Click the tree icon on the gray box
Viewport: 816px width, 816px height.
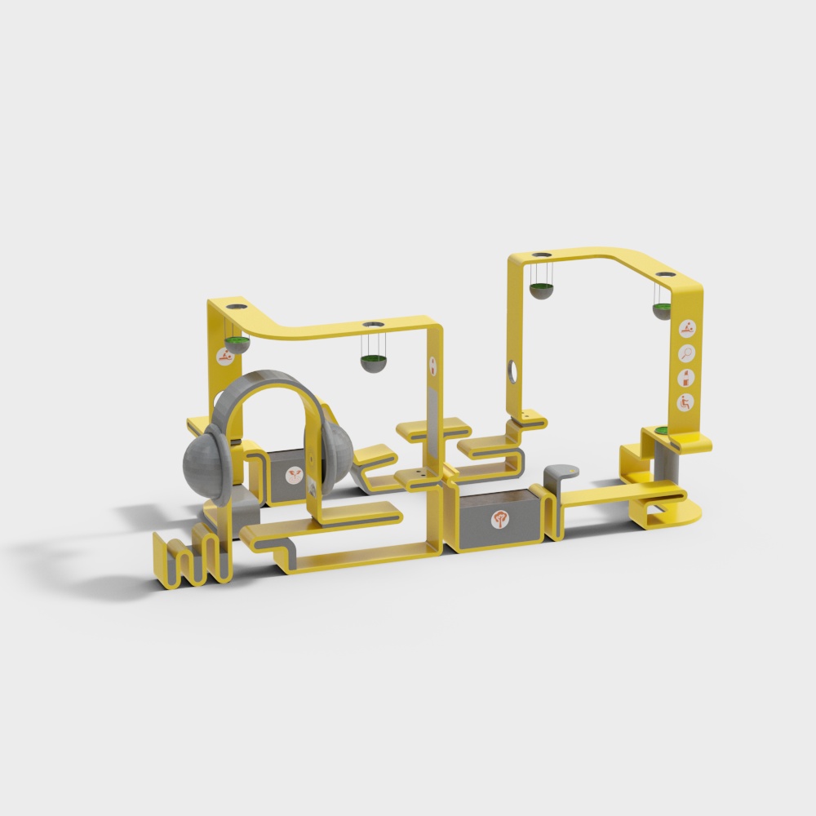click(x=499, y=519)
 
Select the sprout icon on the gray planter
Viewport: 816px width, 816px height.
click(x=293, y=474)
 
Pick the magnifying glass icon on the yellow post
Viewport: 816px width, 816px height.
click(x=687, y=353)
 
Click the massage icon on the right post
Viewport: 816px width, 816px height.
click(x=687, y=330)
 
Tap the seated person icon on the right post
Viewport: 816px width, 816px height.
click(x=686, y=401)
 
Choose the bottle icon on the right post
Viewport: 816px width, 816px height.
click(x=687, y=377)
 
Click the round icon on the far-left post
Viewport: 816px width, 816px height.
click(x=223, y=356)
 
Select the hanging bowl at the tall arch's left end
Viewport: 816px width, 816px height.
click(x=540, y=290)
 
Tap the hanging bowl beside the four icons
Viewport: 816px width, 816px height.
click(x=662, y=309)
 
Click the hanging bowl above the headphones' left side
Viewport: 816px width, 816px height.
click(x=237, y=341)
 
